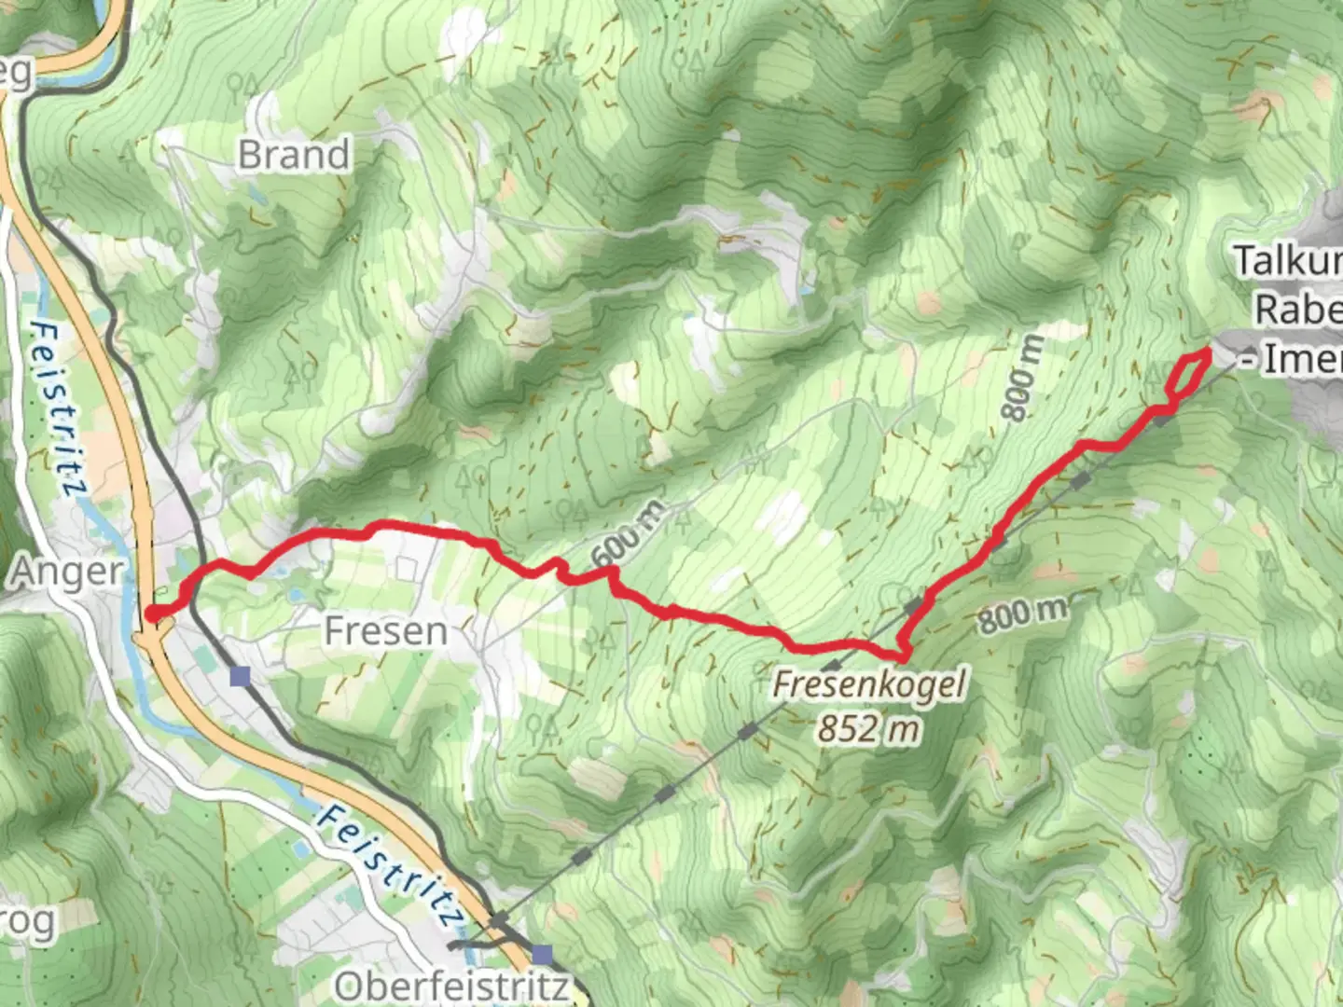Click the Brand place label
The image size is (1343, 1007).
point(294,155)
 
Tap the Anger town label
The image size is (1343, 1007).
point(66,572)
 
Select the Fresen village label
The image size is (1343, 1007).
point(385,631)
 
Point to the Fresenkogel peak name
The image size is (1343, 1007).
point(868,683)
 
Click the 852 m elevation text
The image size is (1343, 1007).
point(868,727)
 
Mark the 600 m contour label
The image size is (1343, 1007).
point(630,536)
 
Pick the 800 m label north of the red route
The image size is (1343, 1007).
point(1022,379)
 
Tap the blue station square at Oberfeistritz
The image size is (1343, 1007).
point(543,955)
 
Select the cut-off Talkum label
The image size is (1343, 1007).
point(1289,261)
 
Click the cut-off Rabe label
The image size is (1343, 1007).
point(1298,310)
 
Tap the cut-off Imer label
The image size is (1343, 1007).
point(1296,359)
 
